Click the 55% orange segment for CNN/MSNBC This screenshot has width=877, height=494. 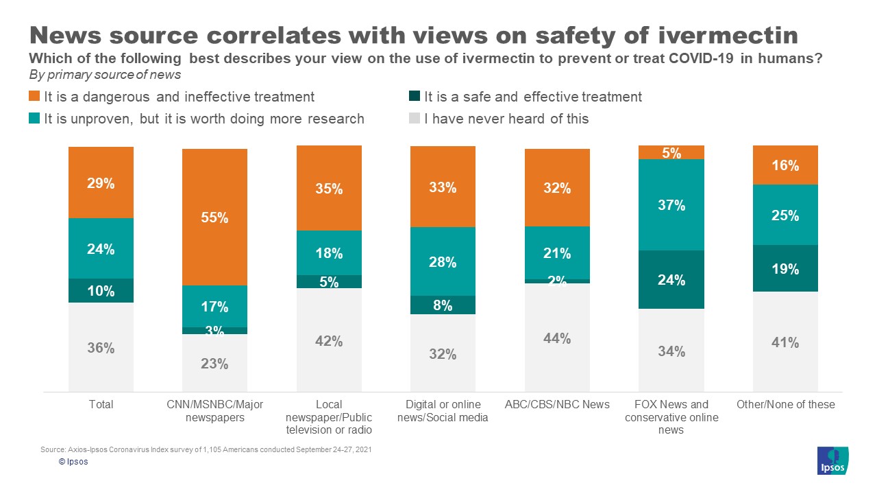(x=214, y=217)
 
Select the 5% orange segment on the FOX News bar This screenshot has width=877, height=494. (x=671, y=152)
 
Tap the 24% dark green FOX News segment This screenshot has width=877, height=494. (x=671, y=279)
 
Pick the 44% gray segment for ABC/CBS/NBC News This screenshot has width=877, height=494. (x=557, y=338)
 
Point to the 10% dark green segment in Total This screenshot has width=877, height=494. (x=101, y=290)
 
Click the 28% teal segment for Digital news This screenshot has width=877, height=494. (x=443, y=261)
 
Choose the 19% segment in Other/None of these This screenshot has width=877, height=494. (x=785, y=268)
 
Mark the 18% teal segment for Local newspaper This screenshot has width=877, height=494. (x=329, y=252)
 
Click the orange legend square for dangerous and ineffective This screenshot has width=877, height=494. (x=34, y=97)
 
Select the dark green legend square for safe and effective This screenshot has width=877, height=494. (x=415, y=97)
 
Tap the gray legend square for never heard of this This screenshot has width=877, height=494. (x=415, y=119)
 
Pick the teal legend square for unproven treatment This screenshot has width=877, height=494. (x=34, y=119)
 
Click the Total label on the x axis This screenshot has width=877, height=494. (x=101, y=404)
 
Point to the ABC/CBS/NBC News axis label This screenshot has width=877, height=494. (x=557, y=404)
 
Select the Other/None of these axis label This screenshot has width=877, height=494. (x=785, y=404)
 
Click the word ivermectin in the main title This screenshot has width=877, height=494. (x=727, y=36)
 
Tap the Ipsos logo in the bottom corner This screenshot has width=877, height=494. (x=832, y=460)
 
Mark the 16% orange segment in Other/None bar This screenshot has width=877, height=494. (x=785, y=165)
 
